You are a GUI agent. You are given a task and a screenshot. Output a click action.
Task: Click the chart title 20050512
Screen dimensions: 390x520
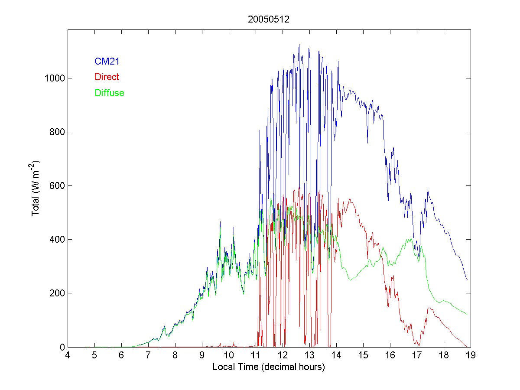point(269,19)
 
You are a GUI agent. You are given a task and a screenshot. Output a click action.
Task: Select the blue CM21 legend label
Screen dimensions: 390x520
point(107,62)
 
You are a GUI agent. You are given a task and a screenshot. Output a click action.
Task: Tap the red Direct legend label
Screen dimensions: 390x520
point(107,77)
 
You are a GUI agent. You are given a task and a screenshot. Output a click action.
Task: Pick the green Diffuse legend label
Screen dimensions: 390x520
point(109,93)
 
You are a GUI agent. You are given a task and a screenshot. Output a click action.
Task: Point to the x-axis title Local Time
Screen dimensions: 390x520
point(269,367)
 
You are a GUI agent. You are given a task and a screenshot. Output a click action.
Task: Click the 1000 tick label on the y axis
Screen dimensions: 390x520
point(54,78)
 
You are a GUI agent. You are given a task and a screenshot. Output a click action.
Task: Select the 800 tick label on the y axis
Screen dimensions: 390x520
point(56,132)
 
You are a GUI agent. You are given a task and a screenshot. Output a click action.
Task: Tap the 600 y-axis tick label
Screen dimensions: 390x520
point(56,185)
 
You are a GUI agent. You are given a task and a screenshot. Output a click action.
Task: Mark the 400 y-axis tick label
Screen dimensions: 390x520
point(56,239)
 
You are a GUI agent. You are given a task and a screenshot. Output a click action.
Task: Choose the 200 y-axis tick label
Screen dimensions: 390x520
point(56,293)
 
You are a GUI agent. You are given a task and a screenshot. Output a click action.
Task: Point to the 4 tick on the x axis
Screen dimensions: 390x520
point(68,356)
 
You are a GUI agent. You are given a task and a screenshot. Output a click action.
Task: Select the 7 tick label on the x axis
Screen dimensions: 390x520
point(148,356)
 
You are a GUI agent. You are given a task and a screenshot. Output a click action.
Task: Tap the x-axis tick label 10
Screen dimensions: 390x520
point(229,356)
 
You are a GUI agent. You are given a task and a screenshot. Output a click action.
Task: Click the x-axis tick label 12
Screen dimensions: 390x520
point(283,356)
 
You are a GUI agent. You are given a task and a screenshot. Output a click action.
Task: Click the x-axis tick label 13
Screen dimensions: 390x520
point(309,356)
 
